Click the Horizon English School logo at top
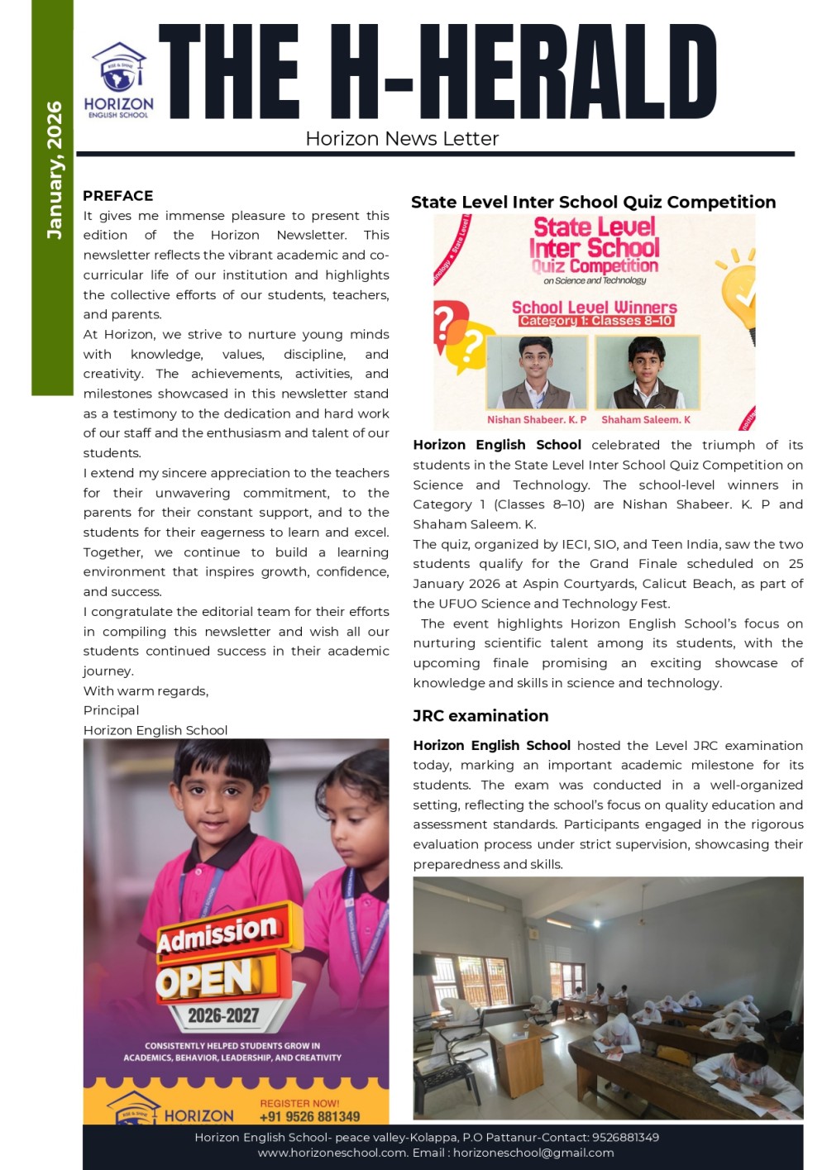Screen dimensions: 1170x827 119,80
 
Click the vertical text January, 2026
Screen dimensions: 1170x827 55,170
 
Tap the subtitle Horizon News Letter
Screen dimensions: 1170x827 402,139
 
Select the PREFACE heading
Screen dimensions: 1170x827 117,196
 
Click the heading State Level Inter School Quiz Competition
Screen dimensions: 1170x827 593,203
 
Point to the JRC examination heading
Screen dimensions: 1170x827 480,716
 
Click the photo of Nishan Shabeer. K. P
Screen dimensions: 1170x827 537,373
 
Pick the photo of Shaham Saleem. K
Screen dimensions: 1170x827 647,373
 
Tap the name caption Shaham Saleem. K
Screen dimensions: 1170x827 646,420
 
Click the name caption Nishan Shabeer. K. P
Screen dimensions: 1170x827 537,420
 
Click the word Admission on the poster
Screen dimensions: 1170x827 218,933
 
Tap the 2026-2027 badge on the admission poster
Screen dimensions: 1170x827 223,1015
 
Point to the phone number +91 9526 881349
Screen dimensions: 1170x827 309,1116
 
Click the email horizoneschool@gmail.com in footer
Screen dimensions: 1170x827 533,1153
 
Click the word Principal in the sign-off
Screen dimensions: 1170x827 111,710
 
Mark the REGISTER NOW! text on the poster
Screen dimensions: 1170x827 299,1103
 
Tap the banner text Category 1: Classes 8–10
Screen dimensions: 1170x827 595,321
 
